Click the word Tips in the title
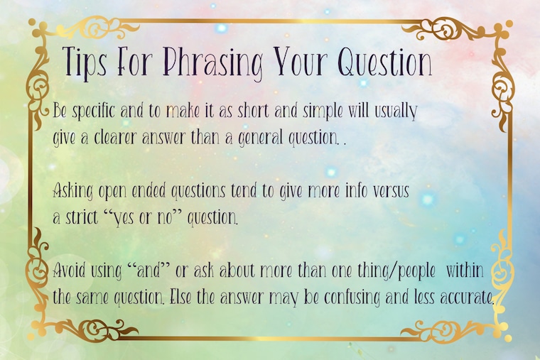(85, 63)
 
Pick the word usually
(396, 111)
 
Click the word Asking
(73, 191)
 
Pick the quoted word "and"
(149, 271)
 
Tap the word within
(465, 271)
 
